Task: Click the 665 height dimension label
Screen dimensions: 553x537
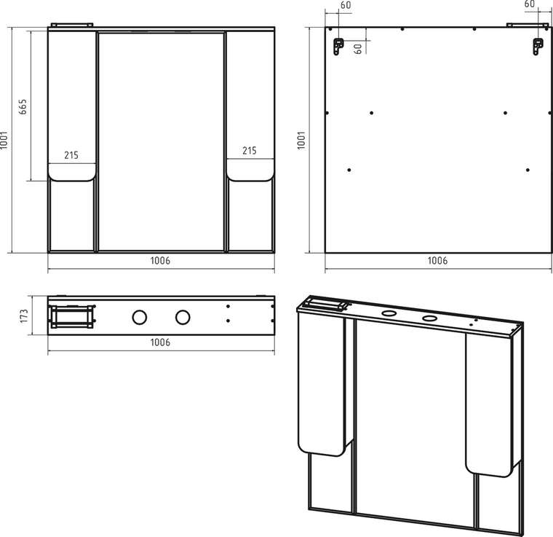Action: (x=23, y=106)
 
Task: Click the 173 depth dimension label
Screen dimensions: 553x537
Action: (x=23, y=316)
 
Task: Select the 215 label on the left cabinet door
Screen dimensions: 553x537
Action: (x=71, y=155)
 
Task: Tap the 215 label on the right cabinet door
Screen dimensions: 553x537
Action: (x=250, y=150)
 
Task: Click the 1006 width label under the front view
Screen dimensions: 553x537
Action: (x=161, y=261)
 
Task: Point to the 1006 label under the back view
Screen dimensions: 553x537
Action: (x=437, y=261)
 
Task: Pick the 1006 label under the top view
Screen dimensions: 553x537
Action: (x=161, y=342)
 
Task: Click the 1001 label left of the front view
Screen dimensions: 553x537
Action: (x=4, y=140)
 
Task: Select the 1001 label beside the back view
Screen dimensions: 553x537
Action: (x=301, y=140)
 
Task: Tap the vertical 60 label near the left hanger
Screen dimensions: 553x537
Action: (x=357, y=48)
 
